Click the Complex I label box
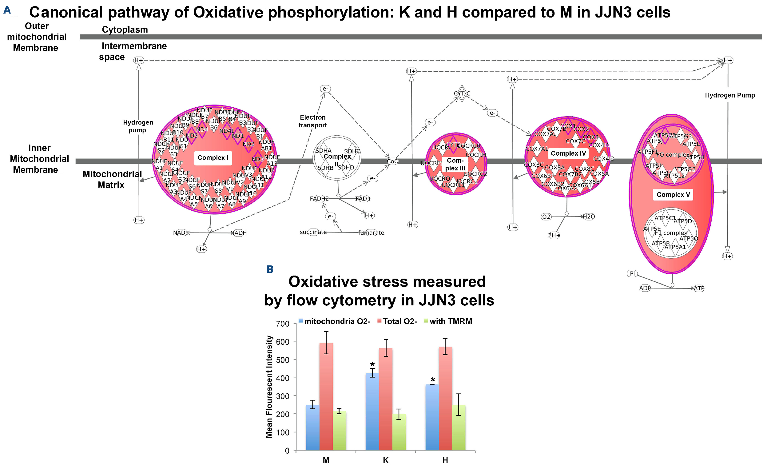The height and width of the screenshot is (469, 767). pos(213,158)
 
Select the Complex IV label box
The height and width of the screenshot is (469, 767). pos(568,153)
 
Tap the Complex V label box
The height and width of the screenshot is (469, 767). pos(673,195)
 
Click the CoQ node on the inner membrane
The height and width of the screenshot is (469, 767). pos(392,161)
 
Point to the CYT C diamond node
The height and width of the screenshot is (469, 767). pos(462,93)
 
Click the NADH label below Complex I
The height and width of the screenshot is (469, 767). pos(238,233)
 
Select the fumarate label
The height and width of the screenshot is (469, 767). pos(371,233)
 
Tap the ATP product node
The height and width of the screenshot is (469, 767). pos(699,288)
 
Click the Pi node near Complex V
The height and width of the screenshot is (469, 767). pos(632,273)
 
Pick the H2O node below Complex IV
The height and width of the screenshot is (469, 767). pos(589,217)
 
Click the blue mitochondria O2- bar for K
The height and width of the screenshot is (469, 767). pos(372,411)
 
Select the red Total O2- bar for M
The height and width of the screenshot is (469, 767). pos(326,396)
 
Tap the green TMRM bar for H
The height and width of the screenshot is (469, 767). pos(459,427)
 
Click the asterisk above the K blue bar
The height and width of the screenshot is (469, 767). pos(372,364)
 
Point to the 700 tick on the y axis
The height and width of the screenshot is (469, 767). pos(283,324)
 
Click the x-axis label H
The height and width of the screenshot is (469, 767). pos(445,460)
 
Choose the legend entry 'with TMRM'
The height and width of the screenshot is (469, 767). pos(451,321)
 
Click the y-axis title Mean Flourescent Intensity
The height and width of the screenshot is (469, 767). pos(269,387)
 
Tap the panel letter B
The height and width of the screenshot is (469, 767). pos(270,269)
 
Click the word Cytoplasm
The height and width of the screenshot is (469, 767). pos(125,30)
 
